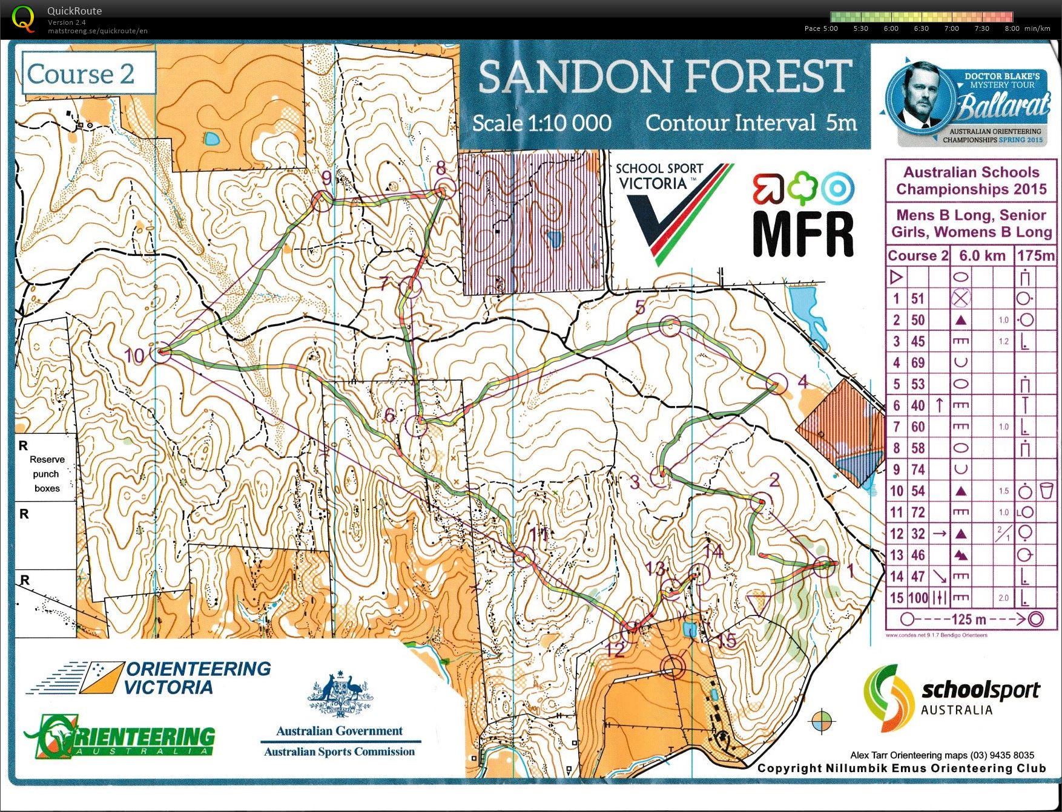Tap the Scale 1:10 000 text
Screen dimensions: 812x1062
pyautogui.click(x=542, y=123)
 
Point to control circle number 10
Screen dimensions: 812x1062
pyautogui.click(x=161, y=351)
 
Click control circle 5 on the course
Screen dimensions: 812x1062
pyautogui.click(x=670, y=325)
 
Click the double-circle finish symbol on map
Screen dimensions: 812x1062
pyautogui.click(x=673, y=667)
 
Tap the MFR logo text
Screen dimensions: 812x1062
pyautogui.click(x=803, y=234)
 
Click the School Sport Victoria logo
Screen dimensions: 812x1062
pyautogui.click(x=672, y=206)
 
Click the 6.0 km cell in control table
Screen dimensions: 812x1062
pyautogui.click(x=981, y=256)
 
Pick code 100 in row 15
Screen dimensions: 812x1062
pyautogui.click(x=918, y=598)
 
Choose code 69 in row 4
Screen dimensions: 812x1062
pyautogui.click(x=918, y=362)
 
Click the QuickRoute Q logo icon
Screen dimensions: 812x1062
pyautogui.click(x=24, y=18)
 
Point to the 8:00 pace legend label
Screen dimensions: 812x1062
pyautogui.click(x=1012, y=28)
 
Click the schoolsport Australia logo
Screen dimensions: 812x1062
pyautogui.click(x=951, y=697)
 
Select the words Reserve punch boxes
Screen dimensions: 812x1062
pyautogui.click(x=47, y=474)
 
